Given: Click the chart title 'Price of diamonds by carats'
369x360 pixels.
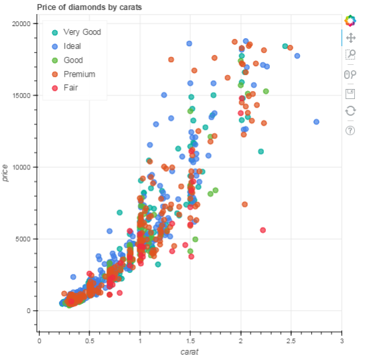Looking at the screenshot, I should click(x=89, y=7).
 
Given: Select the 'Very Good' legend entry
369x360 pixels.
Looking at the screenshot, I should click(x=82, y=32).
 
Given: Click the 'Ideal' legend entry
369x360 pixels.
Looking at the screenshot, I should click(x=72, y=46).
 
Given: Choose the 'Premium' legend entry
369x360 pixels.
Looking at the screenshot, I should click(x=79, y=74).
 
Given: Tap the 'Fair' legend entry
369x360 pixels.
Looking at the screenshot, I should click(x=70, y=88).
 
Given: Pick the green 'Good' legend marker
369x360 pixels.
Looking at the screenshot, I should click(x=55, y=60).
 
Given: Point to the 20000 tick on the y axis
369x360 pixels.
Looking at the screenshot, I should click(x=22, y=23).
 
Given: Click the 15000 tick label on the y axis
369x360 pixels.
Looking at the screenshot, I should click(x=22, y=95).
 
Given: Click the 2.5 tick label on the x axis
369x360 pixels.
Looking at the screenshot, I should click(x=291, y=341).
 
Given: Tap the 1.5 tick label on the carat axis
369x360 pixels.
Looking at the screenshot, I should click(x=191, y=341).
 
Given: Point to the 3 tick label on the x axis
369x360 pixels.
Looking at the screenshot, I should click(x=342, y=341).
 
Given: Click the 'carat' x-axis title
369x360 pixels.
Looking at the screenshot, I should click(x=191, y=352).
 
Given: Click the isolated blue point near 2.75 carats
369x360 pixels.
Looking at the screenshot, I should click(x=316, y=122).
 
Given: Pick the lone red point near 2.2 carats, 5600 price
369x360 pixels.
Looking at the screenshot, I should click(x=263, y=230).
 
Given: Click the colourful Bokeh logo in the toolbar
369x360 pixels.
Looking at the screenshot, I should click(x=350, y=21).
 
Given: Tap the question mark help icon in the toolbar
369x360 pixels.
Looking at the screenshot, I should click(x=350, y=130).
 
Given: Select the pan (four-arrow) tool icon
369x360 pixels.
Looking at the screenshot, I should click(x=350, y=38).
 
